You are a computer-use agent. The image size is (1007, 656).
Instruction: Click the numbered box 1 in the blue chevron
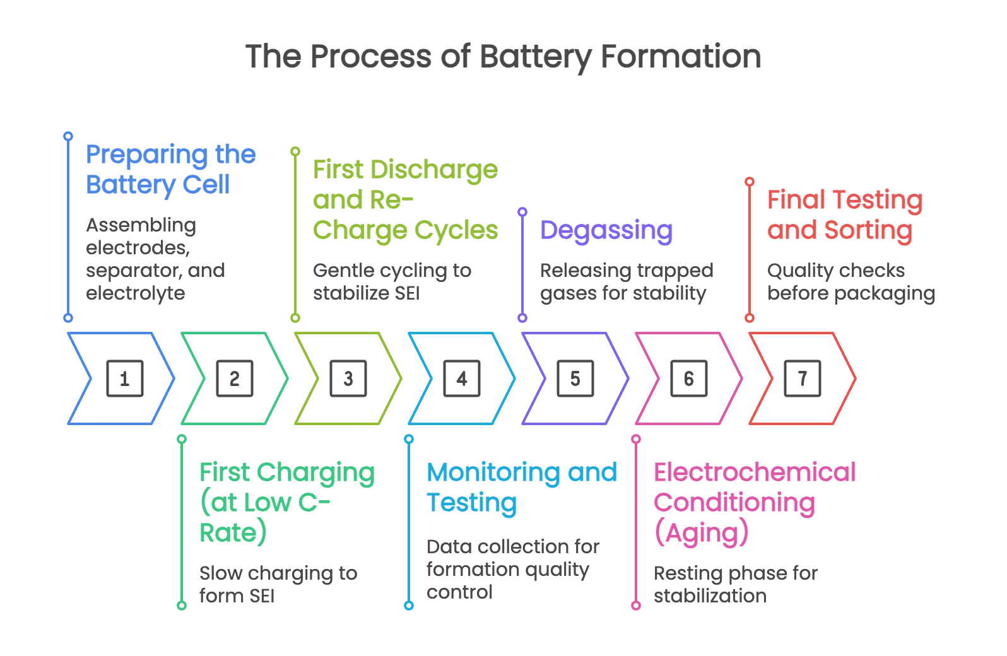tap(125, 378)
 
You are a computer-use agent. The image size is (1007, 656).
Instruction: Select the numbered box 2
tap(235, 378)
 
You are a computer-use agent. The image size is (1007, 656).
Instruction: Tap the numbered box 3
tap(348, 378)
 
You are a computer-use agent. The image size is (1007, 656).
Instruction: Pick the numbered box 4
tap(462, 378)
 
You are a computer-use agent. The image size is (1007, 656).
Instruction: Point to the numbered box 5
tap(575, 378)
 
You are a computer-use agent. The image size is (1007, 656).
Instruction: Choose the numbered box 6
tap(689, 378)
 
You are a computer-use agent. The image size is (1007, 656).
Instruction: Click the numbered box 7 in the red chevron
tap(803, 378)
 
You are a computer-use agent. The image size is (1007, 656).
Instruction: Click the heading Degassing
tap(606, 231)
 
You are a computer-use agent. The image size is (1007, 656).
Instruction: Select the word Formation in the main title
tap(681, 57)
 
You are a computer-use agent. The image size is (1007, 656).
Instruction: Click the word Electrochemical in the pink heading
tap(755, 472)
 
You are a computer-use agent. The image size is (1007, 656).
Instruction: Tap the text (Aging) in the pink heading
tap(702, 533)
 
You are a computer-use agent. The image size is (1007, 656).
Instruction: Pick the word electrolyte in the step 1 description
tap(136, 293)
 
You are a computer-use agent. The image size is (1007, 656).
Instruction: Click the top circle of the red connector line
tap(750, 182)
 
